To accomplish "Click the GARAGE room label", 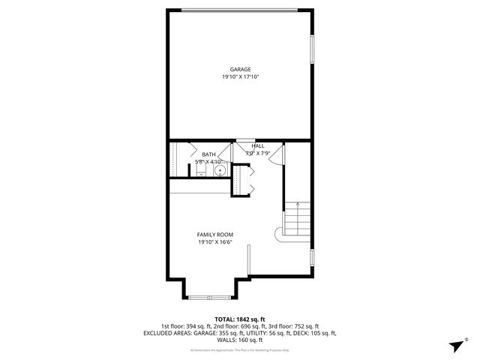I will tap(240, 69).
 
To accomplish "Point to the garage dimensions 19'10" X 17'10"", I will tap(240, 76).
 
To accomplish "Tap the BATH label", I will tap(208, 154).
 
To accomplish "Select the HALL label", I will tap(257, 146).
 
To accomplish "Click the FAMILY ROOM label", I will tap(215, 235).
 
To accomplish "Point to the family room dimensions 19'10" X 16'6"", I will tap(215, 242).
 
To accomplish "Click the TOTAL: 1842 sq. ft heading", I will tap(240, 319).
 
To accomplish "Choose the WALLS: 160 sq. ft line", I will tap(240, 340).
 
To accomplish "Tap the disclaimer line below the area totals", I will tap(240, 349).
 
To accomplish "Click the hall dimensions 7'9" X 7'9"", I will tap(257, 154).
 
